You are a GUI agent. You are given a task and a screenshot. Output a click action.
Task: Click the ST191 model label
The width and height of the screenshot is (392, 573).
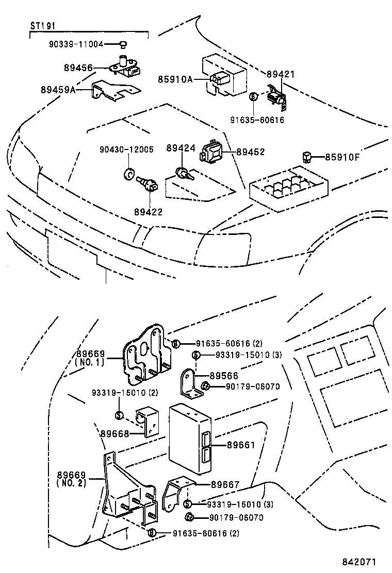click(x=43, y=26)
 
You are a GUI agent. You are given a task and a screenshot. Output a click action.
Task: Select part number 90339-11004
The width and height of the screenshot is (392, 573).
click(x=76, y=45)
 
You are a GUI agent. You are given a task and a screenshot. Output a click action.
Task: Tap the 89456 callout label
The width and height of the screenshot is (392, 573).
click(x=78, y=68)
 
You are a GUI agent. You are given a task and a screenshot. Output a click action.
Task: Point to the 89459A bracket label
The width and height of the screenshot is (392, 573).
click(x=58, y=90)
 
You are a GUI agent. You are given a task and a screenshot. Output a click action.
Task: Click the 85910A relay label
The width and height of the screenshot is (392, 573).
click(x=175, y=79)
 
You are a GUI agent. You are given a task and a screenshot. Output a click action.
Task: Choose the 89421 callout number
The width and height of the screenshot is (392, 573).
click(x=281, y=74)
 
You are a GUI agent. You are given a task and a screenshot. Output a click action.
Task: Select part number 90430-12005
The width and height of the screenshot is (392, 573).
click(x=126, y=149)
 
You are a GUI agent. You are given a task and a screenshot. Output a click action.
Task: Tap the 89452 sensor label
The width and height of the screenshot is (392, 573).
click(x=251, y=151)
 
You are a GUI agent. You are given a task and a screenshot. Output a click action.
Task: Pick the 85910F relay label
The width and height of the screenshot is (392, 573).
click(x=342, y=157)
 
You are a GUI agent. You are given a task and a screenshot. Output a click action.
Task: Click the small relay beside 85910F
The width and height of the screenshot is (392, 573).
click(x=307, y=157)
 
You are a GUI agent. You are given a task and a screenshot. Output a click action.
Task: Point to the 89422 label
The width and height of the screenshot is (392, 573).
click(x=148, y=212)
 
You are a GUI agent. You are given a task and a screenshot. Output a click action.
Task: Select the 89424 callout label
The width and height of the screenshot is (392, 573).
click(x=181, y=148)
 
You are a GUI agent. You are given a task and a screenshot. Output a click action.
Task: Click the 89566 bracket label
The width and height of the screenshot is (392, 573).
click(x=224, y=376)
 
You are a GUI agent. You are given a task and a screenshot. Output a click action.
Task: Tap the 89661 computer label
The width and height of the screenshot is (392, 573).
click(x=240, y=445)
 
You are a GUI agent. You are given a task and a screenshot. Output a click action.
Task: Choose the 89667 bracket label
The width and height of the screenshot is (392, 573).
click(x=225, y=484)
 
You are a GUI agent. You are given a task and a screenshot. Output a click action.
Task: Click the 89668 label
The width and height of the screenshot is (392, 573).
click(x=115, y=433)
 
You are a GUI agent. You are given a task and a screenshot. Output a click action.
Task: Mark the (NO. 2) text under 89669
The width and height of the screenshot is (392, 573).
click(x=72, y=483)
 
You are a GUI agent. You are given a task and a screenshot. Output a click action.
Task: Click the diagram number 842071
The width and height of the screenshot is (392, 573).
click(x=359, y=562)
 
